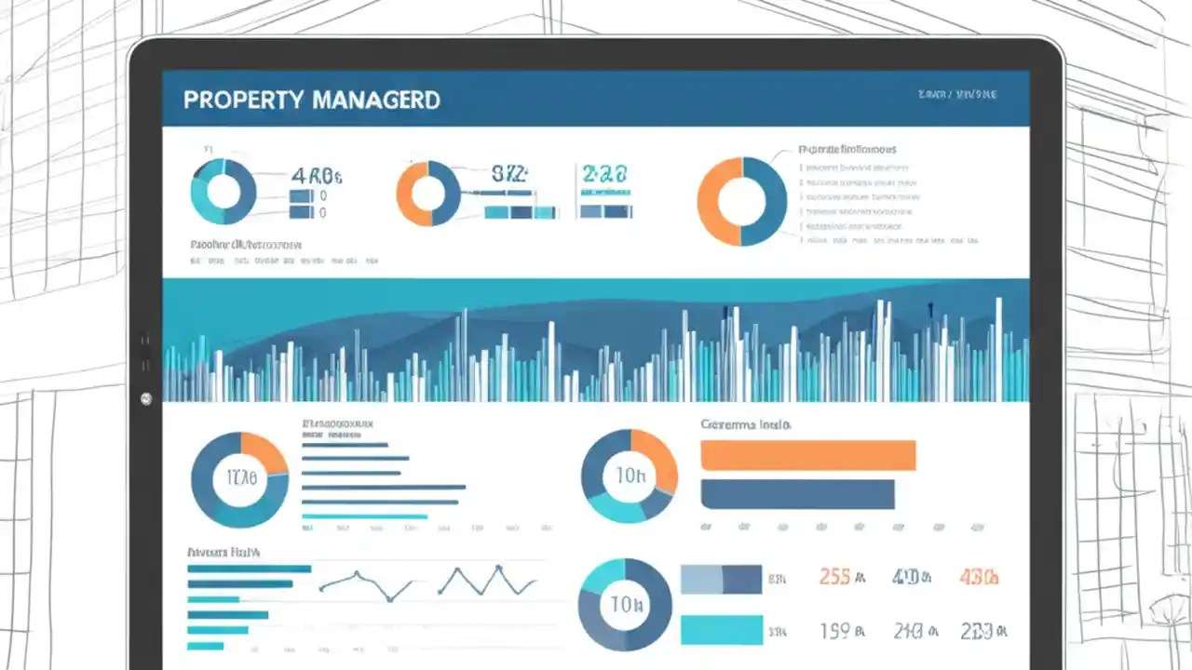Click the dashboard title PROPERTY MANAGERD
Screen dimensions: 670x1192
pos(311,100)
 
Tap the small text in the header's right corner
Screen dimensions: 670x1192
pos(956,95)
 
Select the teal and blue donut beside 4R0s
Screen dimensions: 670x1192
pos(223,191)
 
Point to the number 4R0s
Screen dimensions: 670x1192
pos(317,175)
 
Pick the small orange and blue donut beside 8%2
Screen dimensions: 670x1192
pos(428,194)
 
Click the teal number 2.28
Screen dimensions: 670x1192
pos(604,174)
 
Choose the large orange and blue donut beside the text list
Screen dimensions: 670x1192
pos(741,201)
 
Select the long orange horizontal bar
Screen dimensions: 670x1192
pos(807,455)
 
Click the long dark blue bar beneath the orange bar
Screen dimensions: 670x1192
pos(797,494)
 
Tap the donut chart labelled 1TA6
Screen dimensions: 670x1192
pos(239,480)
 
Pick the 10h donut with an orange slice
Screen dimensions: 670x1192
pos(630,476)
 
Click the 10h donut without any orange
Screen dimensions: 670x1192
pos(625,605)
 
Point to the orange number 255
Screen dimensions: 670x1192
pos(834,577)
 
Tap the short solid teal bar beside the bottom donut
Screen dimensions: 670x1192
pos(721,630)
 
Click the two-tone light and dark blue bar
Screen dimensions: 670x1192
pos(721,579)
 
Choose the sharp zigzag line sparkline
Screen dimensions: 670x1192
pos(487,582)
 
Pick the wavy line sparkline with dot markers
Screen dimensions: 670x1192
pos(366,584)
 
